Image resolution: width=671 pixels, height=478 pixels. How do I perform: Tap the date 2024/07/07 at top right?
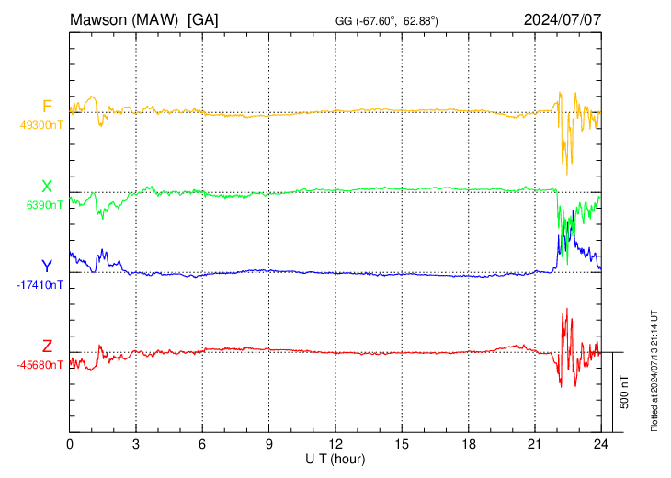point(562,18)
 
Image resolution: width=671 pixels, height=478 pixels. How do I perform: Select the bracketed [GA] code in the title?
point(202,18)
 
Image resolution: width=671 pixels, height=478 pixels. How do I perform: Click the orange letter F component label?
point(48,106)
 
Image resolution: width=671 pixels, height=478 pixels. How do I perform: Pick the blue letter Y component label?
point(47,267)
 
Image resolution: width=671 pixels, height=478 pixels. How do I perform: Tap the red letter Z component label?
point(47,346)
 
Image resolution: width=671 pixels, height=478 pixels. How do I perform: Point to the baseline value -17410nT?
point(40,285)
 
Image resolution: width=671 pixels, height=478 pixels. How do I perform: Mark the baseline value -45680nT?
point(40,364)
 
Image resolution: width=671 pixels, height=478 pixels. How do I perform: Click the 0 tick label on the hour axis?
point(70,443)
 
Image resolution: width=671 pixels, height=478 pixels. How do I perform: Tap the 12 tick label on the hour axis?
point(335,443)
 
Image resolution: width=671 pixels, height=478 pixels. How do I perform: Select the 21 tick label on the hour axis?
point(535,443)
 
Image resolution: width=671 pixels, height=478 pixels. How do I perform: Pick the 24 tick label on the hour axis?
point(601,443)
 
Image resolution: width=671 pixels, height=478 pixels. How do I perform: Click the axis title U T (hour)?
point(335,458)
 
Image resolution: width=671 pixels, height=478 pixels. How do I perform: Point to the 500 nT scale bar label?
point(625,392)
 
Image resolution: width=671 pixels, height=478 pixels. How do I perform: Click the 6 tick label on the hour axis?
point(203,443)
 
